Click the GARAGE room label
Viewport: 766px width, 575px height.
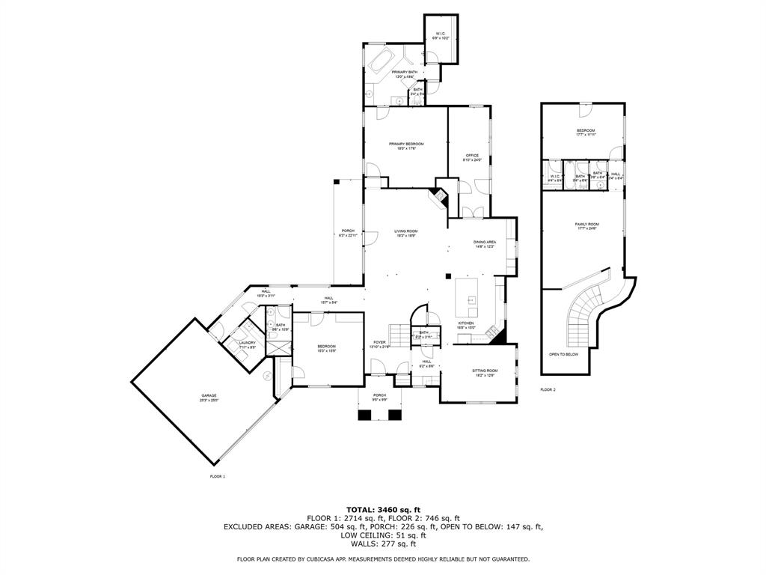click(x=209, y=395)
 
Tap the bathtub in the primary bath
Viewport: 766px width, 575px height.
click(x=382, y=60)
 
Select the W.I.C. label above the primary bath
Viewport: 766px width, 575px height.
click(x=441, y=34)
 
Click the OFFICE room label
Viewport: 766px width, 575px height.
click(x=472, y=156)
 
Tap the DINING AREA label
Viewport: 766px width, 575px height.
click(x=485, y=242)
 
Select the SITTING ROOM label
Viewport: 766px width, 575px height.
click(x=485, y=371)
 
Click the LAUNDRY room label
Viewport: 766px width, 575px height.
click(x=248, y=343)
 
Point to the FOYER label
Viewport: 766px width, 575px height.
click(x=380, y=343)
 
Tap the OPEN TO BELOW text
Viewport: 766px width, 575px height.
click(x=564, y=354)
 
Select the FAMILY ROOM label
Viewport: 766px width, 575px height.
click(x=586, y=224)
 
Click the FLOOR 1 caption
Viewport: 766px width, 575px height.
click(x=217, y=476)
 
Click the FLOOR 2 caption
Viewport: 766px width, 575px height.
click(x=548, y=389)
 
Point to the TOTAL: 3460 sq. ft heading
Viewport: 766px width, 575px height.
click(x=382, y=509)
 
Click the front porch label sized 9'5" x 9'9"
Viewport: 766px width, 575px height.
click(x=380, y=395)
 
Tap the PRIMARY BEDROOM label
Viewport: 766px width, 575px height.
click(x=405, y=144)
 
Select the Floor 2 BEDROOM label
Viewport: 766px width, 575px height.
click(x=586, y=131)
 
